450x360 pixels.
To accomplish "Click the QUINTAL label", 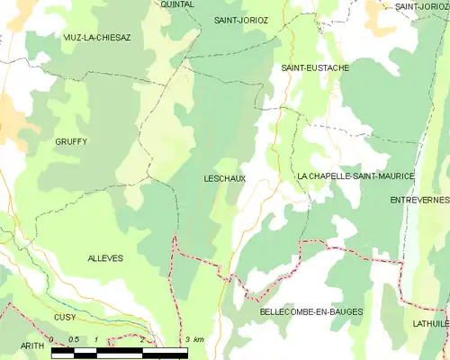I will [x=177, y=4].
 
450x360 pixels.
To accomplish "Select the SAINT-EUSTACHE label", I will [x=315, y=67].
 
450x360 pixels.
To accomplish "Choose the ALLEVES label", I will [x=105, y=258].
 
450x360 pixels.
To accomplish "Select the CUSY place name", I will [x=65, y=317].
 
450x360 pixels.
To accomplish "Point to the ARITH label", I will [x=32, y=345].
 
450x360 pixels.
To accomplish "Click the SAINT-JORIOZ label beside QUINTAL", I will [x=241, y=19].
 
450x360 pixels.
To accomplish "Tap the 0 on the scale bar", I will [x=52, y=339].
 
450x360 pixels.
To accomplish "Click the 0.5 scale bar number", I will [x=74, y=339].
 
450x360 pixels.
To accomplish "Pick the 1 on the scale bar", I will [x=96, y=339].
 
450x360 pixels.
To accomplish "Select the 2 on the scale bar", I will [x=141, y=339].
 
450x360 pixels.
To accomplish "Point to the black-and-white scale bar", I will [x=120, y=351].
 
